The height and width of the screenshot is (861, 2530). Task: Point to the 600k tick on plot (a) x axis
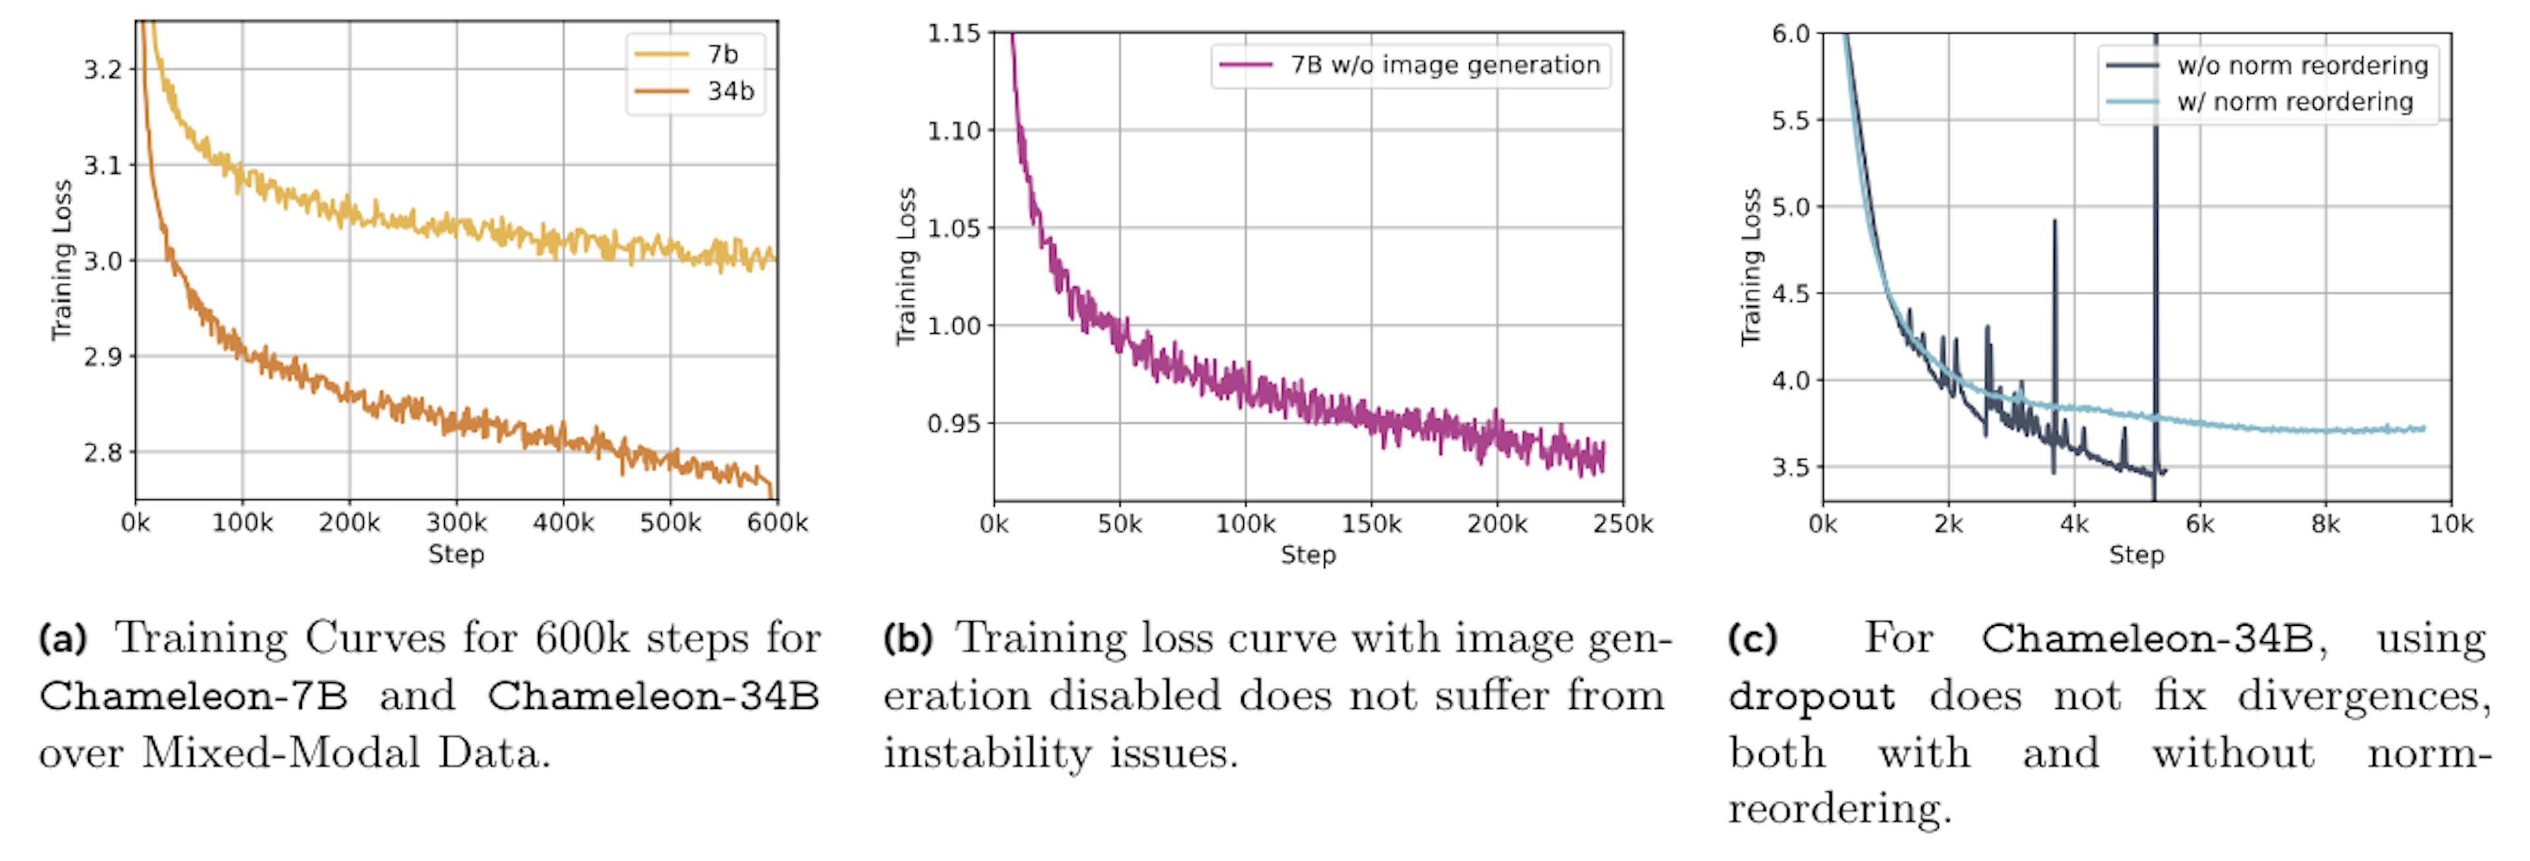[777, 523]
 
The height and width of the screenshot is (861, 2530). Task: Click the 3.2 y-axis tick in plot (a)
[103, 70]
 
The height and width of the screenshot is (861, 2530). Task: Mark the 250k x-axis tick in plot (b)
[1623, 525]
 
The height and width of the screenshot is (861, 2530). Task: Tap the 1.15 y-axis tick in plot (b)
[953, 34]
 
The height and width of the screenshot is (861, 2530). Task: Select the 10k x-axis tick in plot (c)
[2450, 525]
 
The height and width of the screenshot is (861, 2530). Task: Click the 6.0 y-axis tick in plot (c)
[1791, 34]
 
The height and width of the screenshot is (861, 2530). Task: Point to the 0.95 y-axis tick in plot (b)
[953, 423]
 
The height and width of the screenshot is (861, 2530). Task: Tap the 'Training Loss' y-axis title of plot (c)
[1750, 267]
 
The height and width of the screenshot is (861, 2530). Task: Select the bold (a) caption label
[63, 639]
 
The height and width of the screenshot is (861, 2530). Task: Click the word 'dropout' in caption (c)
[1811, 696]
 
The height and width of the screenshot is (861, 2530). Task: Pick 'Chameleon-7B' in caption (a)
[194, 696]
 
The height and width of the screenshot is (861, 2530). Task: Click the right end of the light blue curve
[2424, 428]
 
